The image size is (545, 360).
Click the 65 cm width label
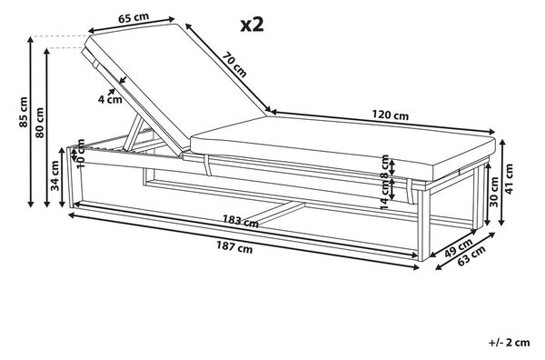point(134,18)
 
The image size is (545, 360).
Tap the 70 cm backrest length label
point(234,65)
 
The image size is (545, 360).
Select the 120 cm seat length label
point(391,115)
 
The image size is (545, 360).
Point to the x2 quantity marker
point(252,25)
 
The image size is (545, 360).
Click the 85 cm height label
point(24,112)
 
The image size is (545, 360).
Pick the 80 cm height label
point(40,123)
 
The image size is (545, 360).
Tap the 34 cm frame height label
point(55,175)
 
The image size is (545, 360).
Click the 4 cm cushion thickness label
point(110,100)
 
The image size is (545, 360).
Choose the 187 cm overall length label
point(234,247)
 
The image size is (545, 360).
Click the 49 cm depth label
point(459,247)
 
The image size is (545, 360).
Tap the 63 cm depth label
point(471,255)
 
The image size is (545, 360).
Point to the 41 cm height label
point(509,179)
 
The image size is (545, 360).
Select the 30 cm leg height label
point(494,192)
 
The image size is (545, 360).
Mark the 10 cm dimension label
point(81,154)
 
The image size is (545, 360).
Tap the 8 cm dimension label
point(385,167)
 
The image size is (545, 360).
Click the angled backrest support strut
point(134,133)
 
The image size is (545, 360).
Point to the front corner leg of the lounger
point(423,225)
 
